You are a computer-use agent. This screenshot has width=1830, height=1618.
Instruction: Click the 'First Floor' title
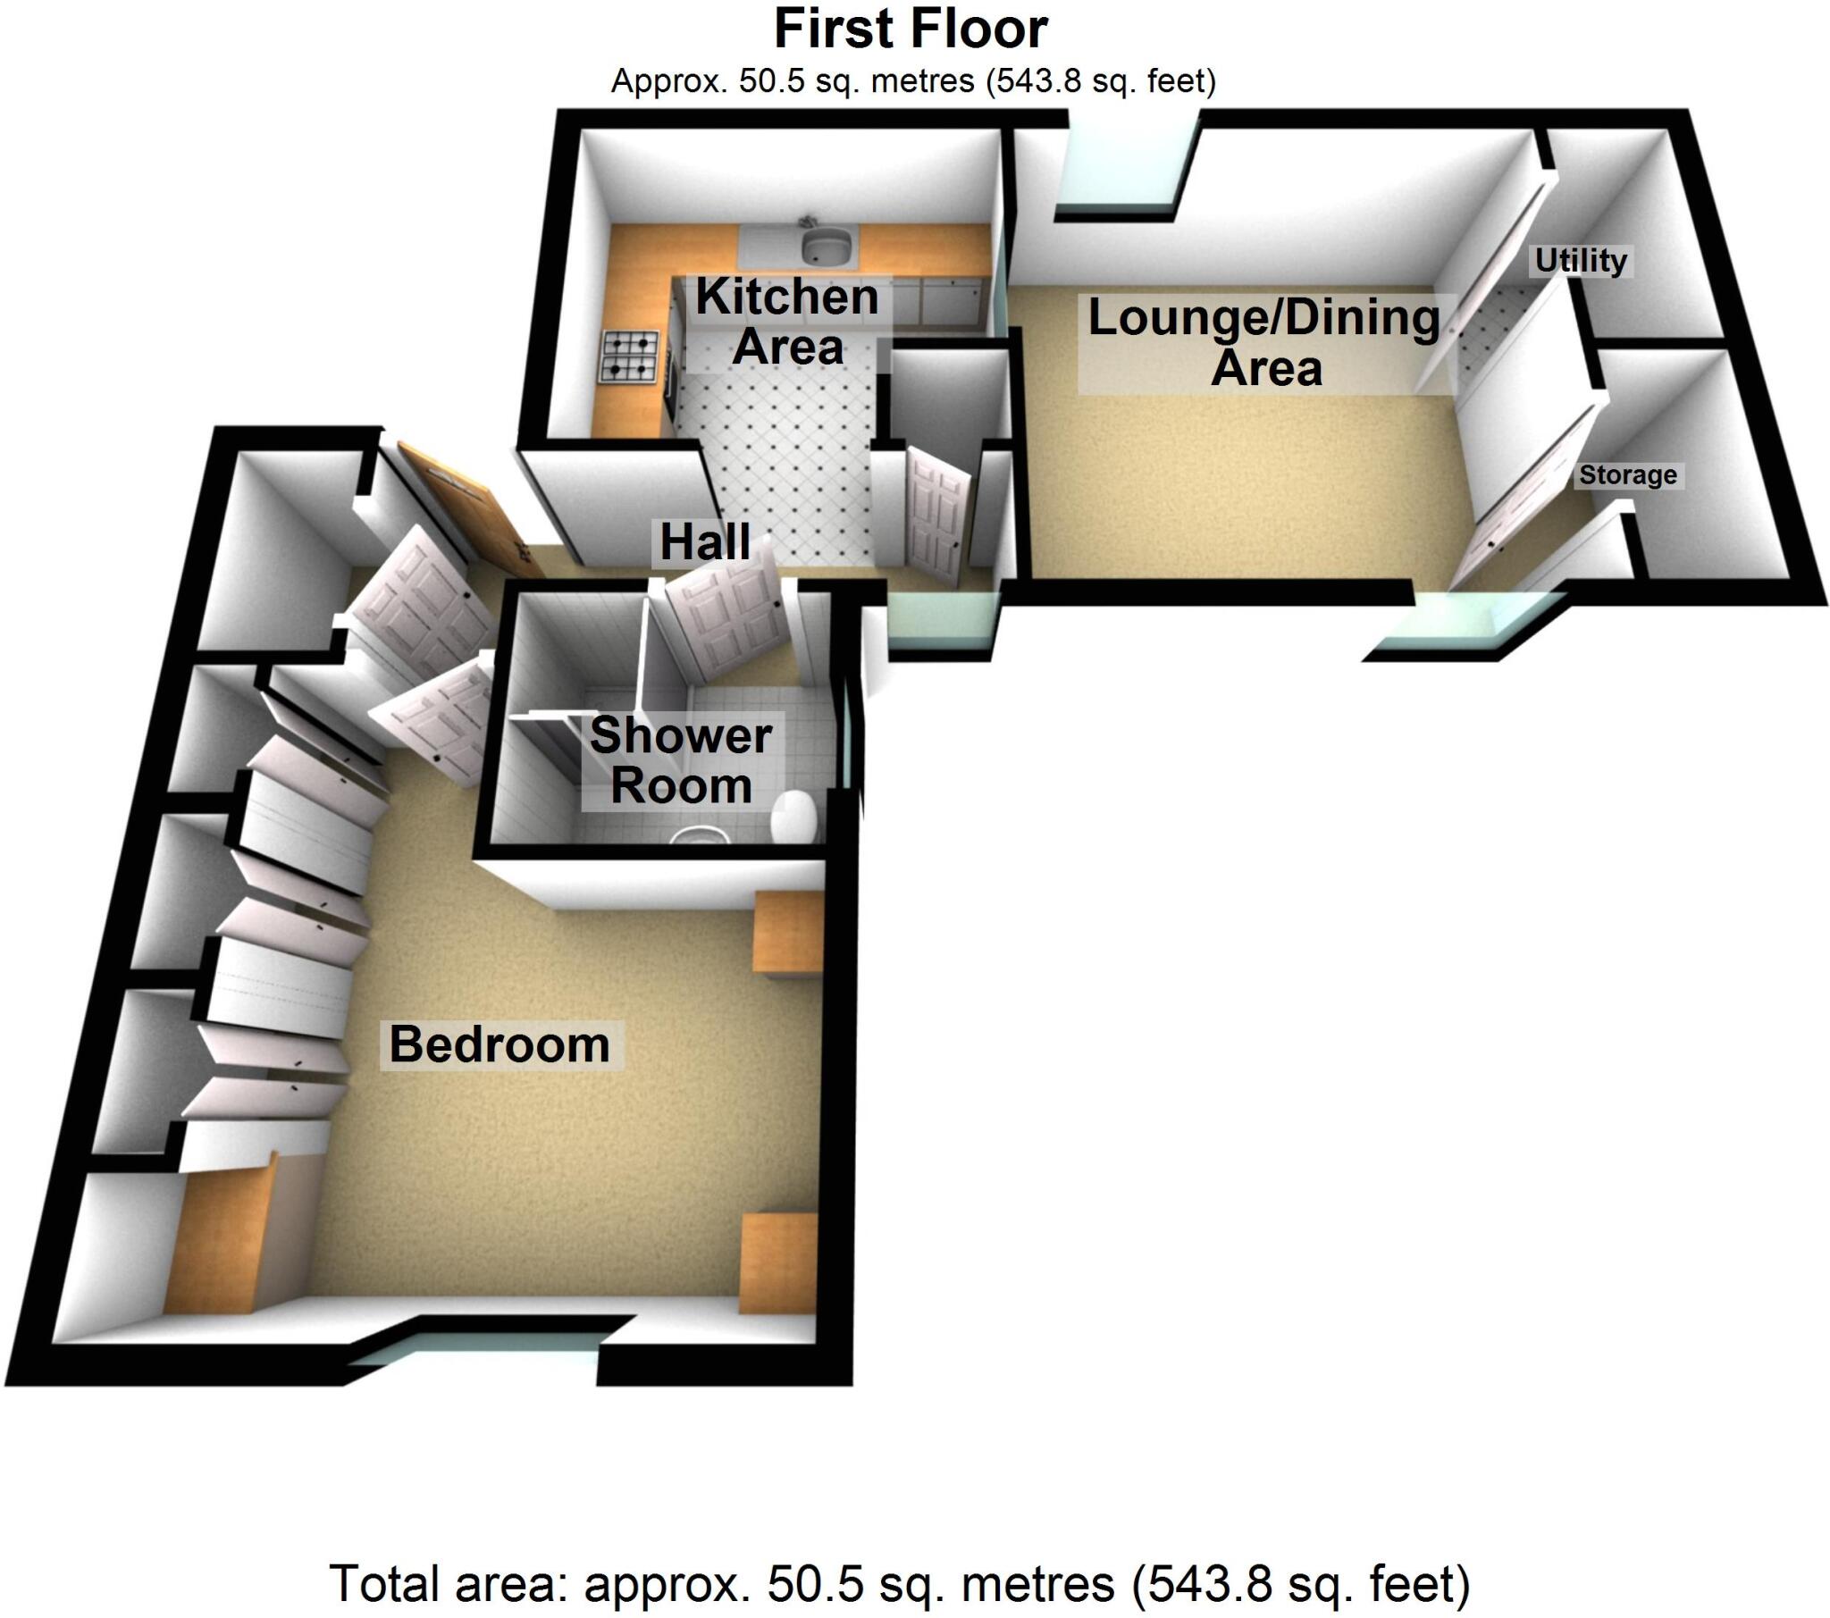911,29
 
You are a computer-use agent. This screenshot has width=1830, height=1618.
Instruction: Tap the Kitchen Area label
787,322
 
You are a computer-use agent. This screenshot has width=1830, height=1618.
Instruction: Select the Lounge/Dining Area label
1264,343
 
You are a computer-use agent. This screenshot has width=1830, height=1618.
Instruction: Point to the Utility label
1580,261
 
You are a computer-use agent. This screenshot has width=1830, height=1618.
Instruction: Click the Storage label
1628,474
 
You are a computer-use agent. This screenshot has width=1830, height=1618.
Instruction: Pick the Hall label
706,541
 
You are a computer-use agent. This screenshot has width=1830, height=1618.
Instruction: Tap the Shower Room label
681,761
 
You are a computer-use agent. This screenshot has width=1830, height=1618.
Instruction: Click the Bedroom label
499,1044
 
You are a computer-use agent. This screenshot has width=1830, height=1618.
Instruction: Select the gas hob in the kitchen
630,356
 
